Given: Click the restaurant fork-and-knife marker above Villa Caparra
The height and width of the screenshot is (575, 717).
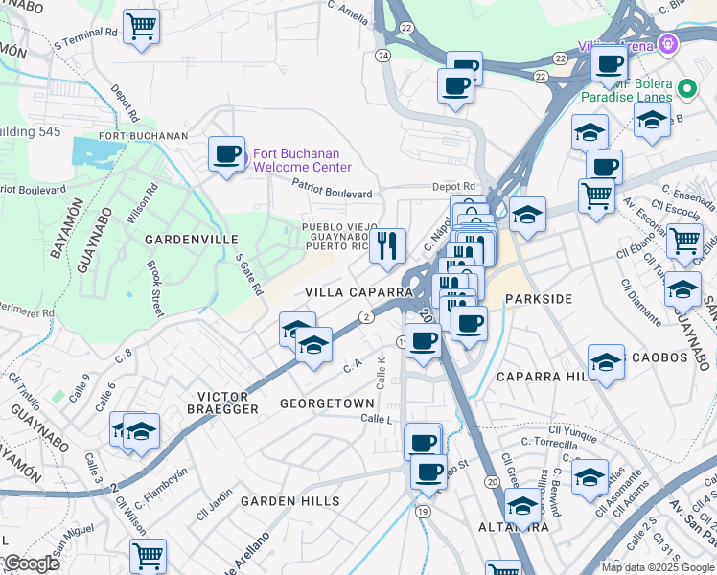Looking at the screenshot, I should click(387, 245).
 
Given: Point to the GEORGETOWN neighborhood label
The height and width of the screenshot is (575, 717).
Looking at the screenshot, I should click(326, 404).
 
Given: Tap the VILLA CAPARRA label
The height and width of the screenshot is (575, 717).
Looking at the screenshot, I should click(345, 291).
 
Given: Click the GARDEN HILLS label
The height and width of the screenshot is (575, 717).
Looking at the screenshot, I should click(289, 501).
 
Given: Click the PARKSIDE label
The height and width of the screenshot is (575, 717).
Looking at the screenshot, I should click(539, 299).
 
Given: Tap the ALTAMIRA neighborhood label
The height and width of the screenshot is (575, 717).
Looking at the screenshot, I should click(514, 527).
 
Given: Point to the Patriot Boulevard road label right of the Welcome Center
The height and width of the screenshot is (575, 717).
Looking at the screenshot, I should click(333, 192).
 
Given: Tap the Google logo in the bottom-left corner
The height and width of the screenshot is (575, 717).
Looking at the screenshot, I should click(31, 563).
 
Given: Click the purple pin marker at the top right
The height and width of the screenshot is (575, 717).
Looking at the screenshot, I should click(668, 44).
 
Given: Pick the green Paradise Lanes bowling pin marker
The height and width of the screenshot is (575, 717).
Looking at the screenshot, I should click(686, 89).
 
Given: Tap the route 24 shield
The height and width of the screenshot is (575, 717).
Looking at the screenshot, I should click(383, 57).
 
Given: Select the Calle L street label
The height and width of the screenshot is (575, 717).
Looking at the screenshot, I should click(377, 419).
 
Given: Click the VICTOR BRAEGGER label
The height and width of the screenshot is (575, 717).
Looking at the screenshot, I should click(227, 402).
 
